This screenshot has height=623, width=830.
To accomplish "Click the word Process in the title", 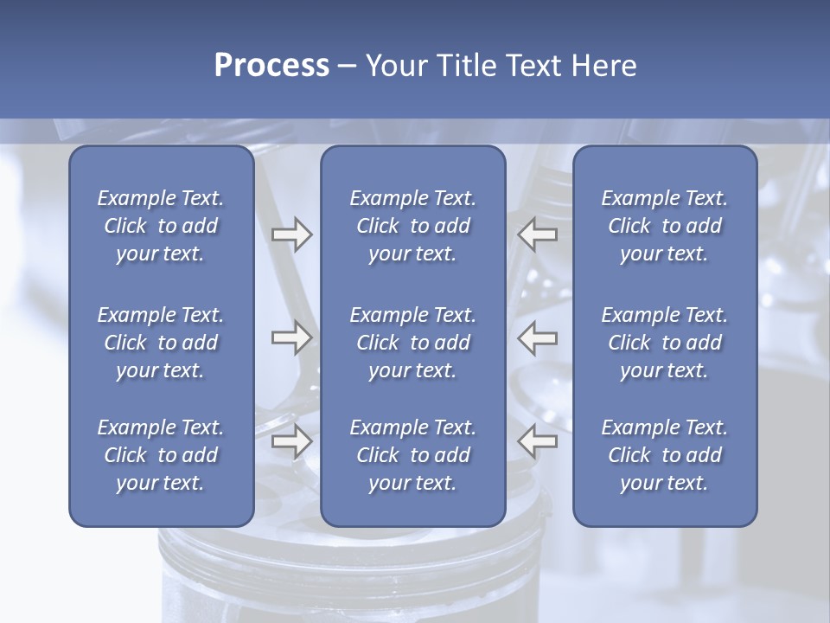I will click(x=271, y=66).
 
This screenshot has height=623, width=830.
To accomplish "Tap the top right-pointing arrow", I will click(x=291, y=234).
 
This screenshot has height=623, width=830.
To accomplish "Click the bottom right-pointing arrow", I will click(x=291, y=441).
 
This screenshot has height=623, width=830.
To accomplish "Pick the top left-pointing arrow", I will click(x=538, y=234).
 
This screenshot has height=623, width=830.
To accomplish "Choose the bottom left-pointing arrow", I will click(x=538, y=441).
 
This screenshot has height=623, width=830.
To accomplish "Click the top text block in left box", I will click(x=161, y=226).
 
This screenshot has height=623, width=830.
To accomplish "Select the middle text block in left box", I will click(x=161, y=343).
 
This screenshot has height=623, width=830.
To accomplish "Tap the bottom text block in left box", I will click(x=161, y=455).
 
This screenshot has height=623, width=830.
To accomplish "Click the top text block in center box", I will click(x=412, y=226).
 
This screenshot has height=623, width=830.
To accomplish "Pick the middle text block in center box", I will click(x=412, y=343).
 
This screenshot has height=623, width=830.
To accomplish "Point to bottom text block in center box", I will click(x=412, y=455).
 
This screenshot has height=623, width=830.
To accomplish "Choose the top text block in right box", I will click(x=664, y=226).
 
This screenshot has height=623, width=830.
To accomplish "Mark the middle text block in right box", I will click(x=664, y=343).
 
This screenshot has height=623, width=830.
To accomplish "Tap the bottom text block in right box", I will click(x=664, y=455).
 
